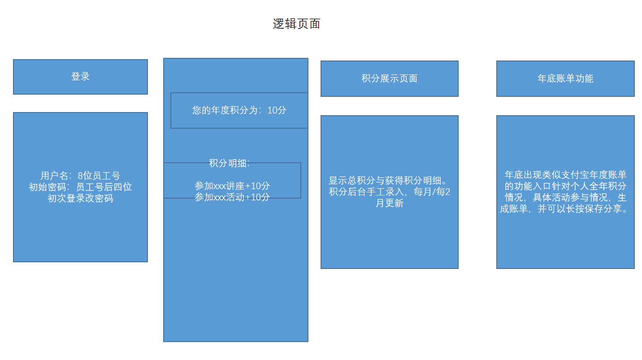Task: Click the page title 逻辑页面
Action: tap(296, 24)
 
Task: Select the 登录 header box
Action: tap(80, 77)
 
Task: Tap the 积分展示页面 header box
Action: tap(389, 78)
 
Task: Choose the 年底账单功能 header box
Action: tap(565, 78)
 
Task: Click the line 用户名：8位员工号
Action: tap(80, 176)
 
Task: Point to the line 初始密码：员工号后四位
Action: tap(80, 187)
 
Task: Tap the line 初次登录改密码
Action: tap(80, 198)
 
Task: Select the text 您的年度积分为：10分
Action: tap(239, 110)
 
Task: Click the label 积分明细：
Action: tap(229, 163)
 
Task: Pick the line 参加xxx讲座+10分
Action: tap(232, 186)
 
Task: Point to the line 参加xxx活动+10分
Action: tap(232, 197)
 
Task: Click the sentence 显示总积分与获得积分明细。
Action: tap(389, 181)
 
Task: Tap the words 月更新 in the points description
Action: tap(390, 203)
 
